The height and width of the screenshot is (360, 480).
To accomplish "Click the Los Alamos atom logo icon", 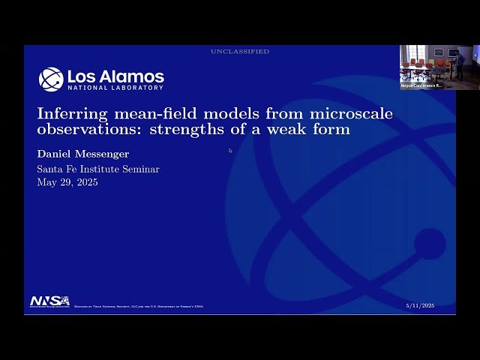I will pos(51,79).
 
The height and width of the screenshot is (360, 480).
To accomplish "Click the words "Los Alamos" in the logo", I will pos(115,76).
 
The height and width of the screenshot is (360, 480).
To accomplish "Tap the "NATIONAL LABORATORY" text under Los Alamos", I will pos(115,88).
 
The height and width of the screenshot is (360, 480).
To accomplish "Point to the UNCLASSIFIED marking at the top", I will pos(240,52).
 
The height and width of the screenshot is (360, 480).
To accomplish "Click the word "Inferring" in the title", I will pos(68,114).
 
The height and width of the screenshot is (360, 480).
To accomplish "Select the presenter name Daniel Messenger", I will pos(83,154).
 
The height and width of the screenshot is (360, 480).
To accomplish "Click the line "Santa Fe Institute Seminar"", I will pos(98,169).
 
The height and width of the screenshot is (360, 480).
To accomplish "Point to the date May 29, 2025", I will pos(67,182).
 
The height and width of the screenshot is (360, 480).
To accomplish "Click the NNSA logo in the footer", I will pos(49,301).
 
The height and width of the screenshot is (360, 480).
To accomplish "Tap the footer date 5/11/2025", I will pos(420,306).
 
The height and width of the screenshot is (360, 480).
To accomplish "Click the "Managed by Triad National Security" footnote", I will pos(139,306).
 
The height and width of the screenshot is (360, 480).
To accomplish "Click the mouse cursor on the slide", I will pos(230,151).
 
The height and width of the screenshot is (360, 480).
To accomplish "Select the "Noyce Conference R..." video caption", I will pos(421,85).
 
